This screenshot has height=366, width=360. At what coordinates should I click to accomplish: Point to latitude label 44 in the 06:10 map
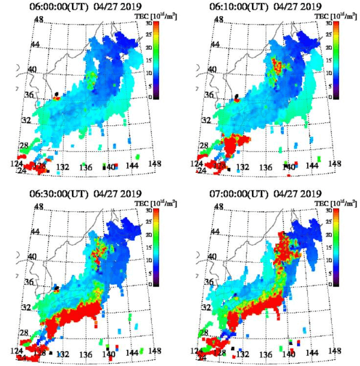(220, 45)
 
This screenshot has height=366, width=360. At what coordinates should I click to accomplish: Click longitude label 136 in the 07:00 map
(265, 355)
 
